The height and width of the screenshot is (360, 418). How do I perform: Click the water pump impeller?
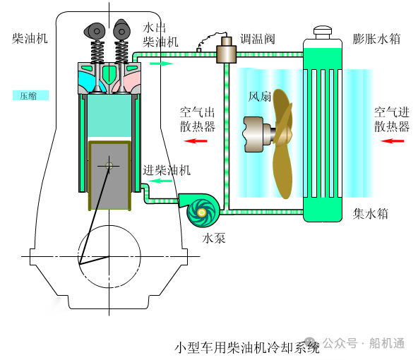(202, 212)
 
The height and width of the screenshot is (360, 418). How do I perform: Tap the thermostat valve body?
(226, 54)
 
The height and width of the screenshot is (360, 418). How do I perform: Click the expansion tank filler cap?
(323, 32)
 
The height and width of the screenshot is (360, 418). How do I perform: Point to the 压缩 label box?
(30, 95)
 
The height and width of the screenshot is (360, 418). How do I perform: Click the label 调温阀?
(257, 39)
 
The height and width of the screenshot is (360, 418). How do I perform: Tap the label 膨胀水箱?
(376, 39)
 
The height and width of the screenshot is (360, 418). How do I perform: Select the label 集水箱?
(370, 214)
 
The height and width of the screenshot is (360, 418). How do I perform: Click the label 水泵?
(214, 238)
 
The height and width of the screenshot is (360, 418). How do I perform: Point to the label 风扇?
(260, 97)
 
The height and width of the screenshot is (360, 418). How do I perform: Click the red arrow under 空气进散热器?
(393, 140)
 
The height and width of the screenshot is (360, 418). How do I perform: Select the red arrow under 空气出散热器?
(196, 140)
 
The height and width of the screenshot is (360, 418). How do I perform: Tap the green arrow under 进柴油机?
(160, 181)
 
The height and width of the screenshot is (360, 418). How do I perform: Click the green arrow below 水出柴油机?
(162, 64)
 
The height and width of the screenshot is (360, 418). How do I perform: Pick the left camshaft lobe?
(95, 31)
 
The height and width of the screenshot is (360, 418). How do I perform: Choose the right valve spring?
(121, 52)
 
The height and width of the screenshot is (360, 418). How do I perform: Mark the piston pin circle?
(109, 166)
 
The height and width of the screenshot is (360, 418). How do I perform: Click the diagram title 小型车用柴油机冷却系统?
(247, 347)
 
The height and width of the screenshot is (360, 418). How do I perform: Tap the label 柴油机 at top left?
(30, 39)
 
